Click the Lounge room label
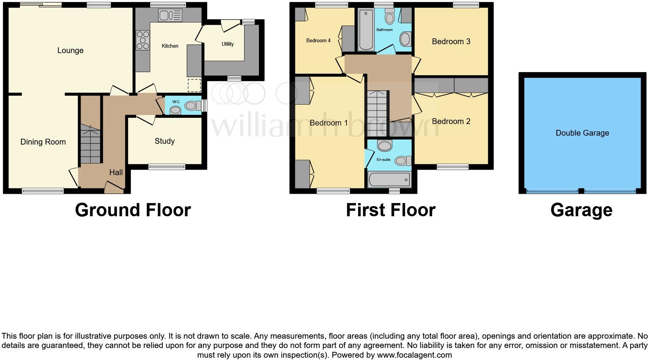pyautogui.click(x=70, y=50)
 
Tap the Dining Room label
pyautogui.click(x=43, y=142)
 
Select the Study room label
pyautogui.click(x=164, y=141)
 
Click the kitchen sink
pyautogui.click(x=170, y=16)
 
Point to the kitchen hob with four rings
pyautogui.click(x=143, y=40)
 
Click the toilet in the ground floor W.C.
pyautogui.click(x=191, y=105)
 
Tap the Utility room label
pyautogui.click(x=227, y=44)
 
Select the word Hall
pyautogui.click(x=116, y=172)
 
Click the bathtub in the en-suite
pyautogui.click(x=389, y=180)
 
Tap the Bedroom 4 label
pyautogui.click(x=318, y=40)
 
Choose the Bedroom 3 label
pyautogui.click(x=451, y=41)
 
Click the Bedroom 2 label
pyautogui.click(x=451, y=121)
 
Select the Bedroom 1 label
pyautogui.click(x=328, y=123)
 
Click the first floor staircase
pyautogui.click(x=377, y=109)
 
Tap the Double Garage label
pyautogui.click(x=582, y=133)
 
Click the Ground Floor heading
pyautogui.click(x=133, y=210)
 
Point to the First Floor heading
pyautogui.click(x=390, y=210)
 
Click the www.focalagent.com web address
pyautogui.click(x=414, y=355)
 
